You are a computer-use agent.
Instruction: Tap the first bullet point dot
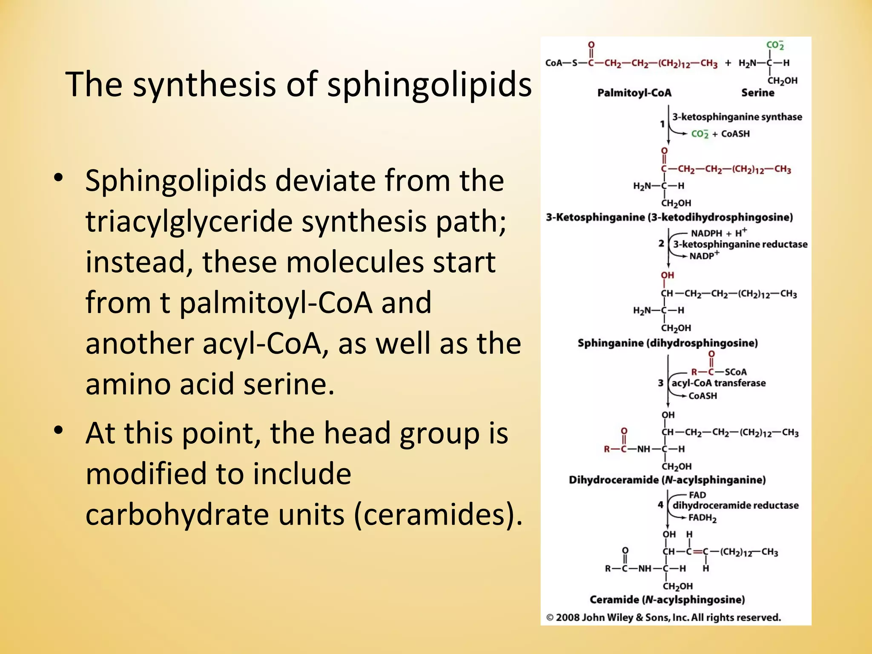(x=59, y=178)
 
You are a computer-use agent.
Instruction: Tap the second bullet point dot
(x=59, y=430)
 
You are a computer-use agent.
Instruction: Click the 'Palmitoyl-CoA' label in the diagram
(x=634, y=93)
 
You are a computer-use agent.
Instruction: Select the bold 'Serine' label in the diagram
(x=757, y=93)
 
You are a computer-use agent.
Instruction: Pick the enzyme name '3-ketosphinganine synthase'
(x=737, y=117)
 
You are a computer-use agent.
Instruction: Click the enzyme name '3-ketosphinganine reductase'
(x=740, y=244)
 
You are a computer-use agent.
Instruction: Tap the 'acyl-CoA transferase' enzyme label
(x=718, y=383)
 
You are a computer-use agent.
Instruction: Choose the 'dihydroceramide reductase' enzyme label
(x=735, y=505)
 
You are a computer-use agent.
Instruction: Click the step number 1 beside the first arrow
(x=662, y=124)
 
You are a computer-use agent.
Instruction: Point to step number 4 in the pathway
(x=660, y=505)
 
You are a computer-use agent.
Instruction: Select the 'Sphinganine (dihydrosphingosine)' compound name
(x=668, y=343)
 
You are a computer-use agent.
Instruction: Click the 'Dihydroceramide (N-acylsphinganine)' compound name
(x=667, y=480)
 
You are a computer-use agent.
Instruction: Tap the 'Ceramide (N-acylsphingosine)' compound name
(x=667, y=600)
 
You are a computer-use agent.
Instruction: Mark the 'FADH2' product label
(x=703, y=518)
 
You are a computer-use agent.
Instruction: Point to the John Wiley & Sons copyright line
(x=664, y=618)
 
